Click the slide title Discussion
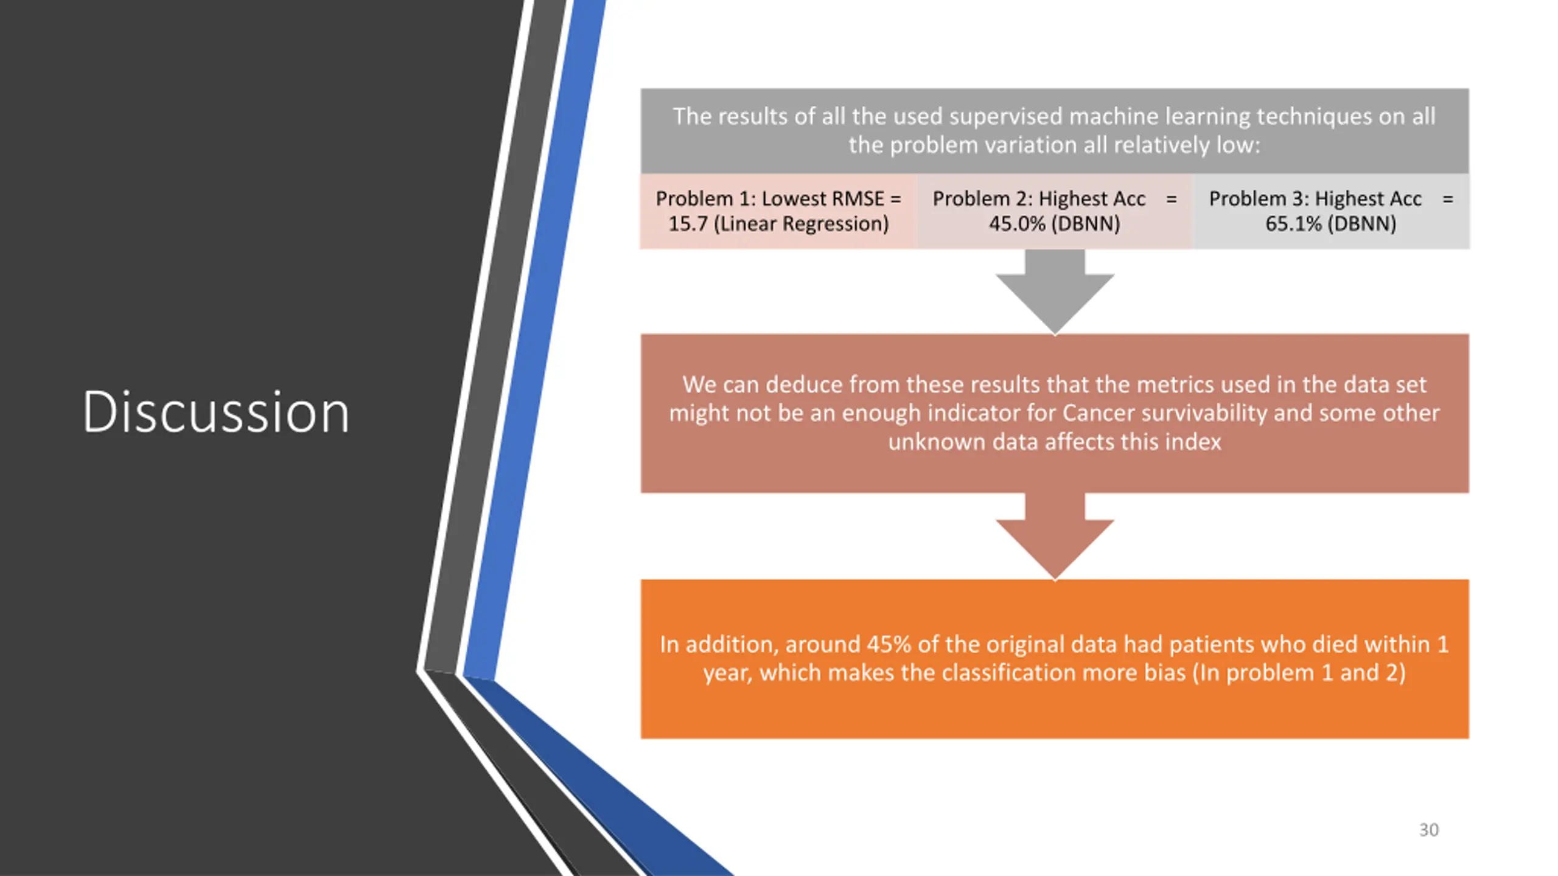click(216, 412)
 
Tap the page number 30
click(1428, 830)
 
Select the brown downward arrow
click(1055, 535)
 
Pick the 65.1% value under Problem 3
click(1293, 224)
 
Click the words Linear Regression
click(803, 224)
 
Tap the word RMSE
click(856, 199)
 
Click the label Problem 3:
click(1259, 199)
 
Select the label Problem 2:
click(982, 199)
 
